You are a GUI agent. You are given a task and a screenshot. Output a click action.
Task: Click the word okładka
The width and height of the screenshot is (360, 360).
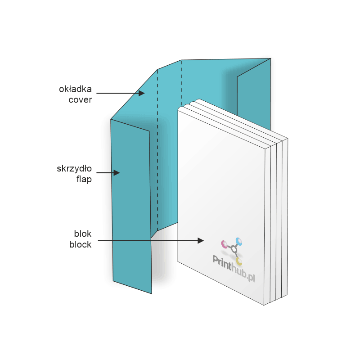(x=76, y=89)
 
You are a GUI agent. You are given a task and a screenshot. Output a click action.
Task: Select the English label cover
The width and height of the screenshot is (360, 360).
(x=80, y=99)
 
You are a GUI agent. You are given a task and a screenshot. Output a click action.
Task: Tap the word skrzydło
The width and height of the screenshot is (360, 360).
(x=74, y=169)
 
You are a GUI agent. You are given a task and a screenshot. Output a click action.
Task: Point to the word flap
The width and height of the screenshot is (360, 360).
(x=84, y=180)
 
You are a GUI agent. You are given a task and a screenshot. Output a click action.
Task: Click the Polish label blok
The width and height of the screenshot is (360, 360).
(x=83, y=234)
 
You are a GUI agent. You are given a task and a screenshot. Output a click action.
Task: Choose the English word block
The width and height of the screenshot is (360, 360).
(x=81, y=245)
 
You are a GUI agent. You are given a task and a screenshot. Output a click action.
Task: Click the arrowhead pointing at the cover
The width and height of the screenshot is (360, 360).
(x=141, y=93)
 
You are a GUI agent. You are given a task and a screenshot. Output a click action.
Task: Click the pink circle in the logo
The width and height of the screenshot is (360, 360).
(x=224, y=244)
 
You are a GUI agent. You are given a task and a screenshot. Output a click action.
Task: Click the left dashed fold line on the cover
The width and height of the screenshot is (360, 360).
(x=157, y=148)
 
